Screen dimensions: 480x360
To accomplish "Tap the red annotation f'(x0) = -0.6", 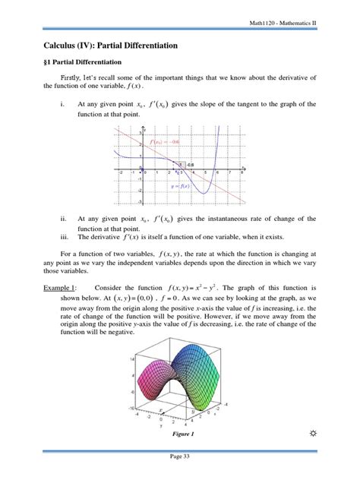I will (x=165, y=142).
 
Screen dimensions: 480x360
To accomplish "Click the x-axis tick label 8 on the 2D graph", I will (x=242, y=172).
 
